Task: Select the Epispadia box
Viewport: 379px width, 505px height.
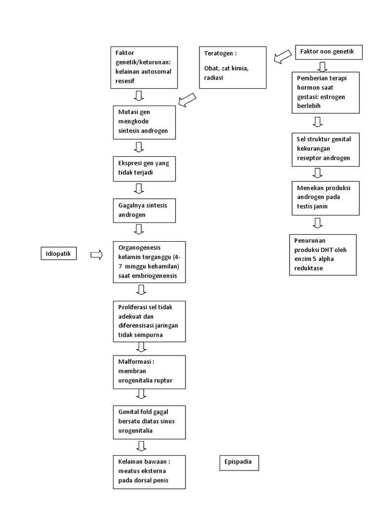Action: [x=239, y=463]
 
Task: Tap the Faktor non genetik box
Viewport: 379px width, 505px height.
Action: [x=329, y=52]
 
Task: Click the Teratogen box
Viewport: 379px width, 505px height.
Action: [x=232, y=68]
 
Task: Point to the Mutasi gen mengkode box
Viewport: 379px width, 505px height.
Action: [x=144, y=122]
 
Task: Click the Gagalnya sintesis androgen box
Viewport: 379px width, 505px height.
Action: [x=144, y=210]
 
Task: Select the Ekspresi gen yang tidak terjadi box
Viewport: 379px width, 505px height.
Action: [x=144, y=169]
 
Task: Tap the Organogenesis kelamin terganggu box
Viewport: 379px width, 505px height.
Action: [x=150, y=262]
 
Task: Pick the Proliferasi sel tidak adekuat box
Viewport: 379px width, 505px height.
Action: [x=150, y=321]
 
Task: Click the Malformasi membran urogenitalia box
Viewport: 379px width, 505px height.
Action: [x=150, y=372]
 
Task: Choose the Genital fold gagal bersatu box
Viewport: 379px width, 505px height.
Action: [x=150, y=422]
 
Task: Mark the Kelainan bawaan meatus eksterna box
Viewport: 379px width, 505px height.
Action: [x=150, y=472]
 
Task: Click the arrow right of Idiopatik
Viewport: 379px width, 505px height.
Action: [x=96, y=254]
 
